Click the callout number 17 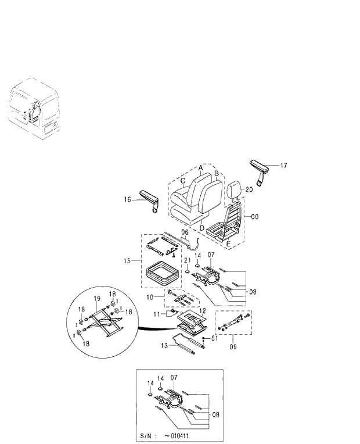click(283, 166)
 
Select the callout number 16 click(128, 199)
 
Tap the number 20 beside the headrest click(249, 189)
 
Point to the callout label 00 click(254, 216)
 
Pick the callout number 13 click(164, 345)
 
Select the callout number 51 click(214, 338)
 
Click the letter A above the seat click(200, 167)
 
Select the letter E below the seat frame click(228, 245)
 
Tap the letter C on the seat click(183, 181)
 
